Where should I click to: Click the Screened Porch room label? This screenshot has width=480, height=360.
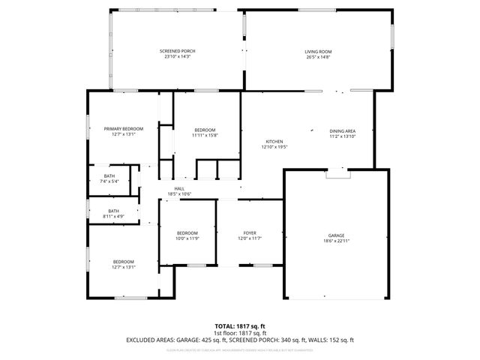pos(178,51)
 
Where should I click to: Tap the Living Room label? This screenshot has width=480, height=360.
pos(318,51)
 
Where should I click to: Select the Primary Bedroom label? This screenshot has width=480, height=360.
pos(123,128)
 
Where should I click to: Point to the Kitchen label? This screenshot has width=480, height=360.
pos(274,142)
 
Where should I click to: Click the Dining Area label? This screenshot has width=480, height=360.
pos(342,130)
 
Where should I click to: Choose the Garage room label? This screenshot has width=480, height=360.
pos(336,235)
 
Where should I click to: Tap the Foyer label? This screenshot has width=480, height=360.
pos(250,232)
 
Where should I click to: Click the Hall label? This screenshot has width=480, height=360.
pos(179,188)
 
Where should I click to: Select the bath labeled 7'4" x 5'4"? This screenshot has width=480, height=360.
pos(109,175)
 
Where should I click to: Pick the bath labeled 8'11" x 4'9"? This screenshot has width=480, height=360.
pos(113,211)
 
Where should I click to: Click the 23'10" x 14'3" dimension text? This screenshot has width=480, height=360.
pos(178,57)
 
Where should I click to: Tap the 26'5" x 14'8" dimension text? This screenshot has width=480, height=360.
pos(318,57)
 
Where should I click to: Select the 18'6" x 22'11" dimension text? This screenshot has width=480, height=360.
pos(336,241)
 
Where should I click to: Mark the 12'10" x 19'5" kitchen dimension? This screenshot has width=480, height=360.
pos(274,147)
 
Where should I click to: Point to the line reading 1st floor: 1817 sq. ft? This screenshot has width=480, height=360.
pos(240,334)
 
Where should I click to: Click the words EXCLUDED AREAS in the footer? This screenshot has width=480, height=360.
pos(149,340)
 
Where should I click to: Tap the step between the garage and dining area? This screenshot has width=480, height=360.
pos(338,172)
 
